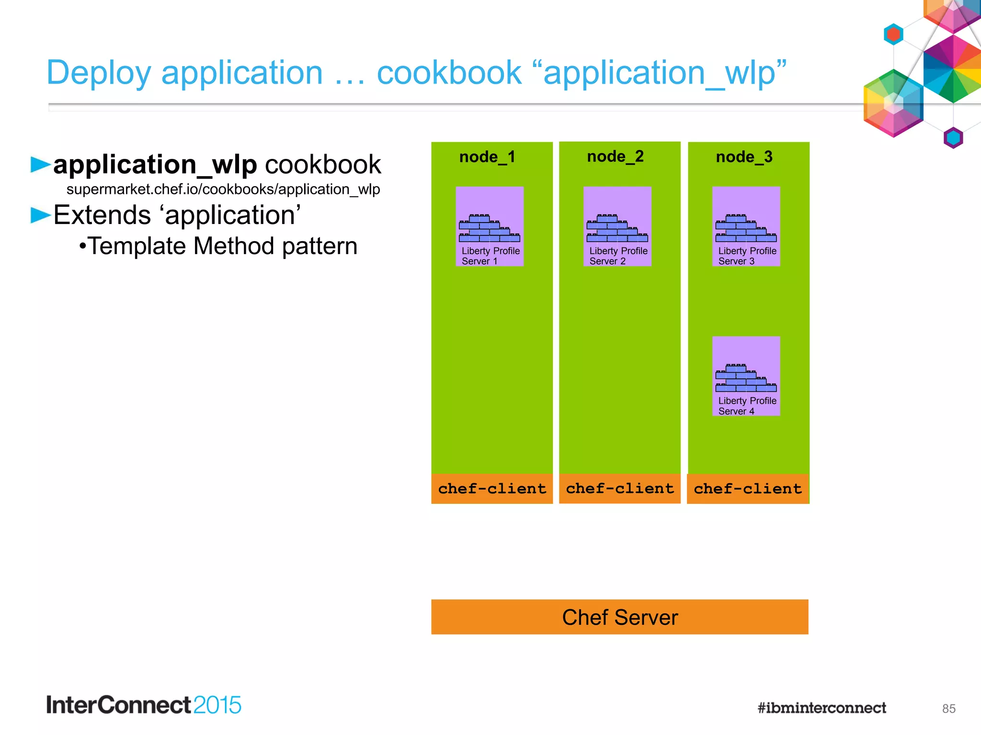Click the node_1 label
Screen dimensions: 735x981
(487, 157)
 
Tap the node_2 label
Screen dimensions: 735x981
(616, 156)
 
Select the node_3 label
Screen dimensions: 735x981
(744, 157)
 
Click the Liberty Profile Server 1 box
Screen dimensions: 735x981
(490, 226)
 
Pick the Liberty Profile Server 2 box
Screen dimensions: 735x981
(617, 226)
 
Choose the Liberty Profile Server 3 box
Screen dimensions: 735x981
(746, 226)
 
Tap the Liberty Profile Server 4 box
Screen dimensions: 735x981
(746, 376)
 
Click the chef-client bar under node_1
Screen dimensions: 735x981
(492, 489)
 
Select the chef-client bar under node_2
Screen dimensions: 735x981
(620, 489)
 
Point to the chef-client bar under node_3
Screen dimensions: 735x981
(748, 489)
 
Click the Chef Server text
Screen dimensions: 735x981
(620, 617)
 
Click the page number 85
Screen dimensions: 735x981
(948, 709)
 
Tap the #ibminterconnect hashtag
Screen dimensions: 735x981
(821, 708)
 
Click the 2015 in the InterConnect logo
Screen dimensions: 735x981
(217, 705)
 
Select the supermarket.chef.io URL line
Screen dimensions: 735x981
(223, 189)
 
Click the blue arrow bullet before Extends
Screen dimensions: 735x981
(40, 215)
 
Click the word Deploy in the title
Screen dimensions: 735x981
(99, 73)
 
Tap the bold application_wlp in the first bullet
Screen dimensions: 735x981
(155, 165)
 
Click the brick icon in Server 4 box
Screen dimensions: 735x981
(746, 378)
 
